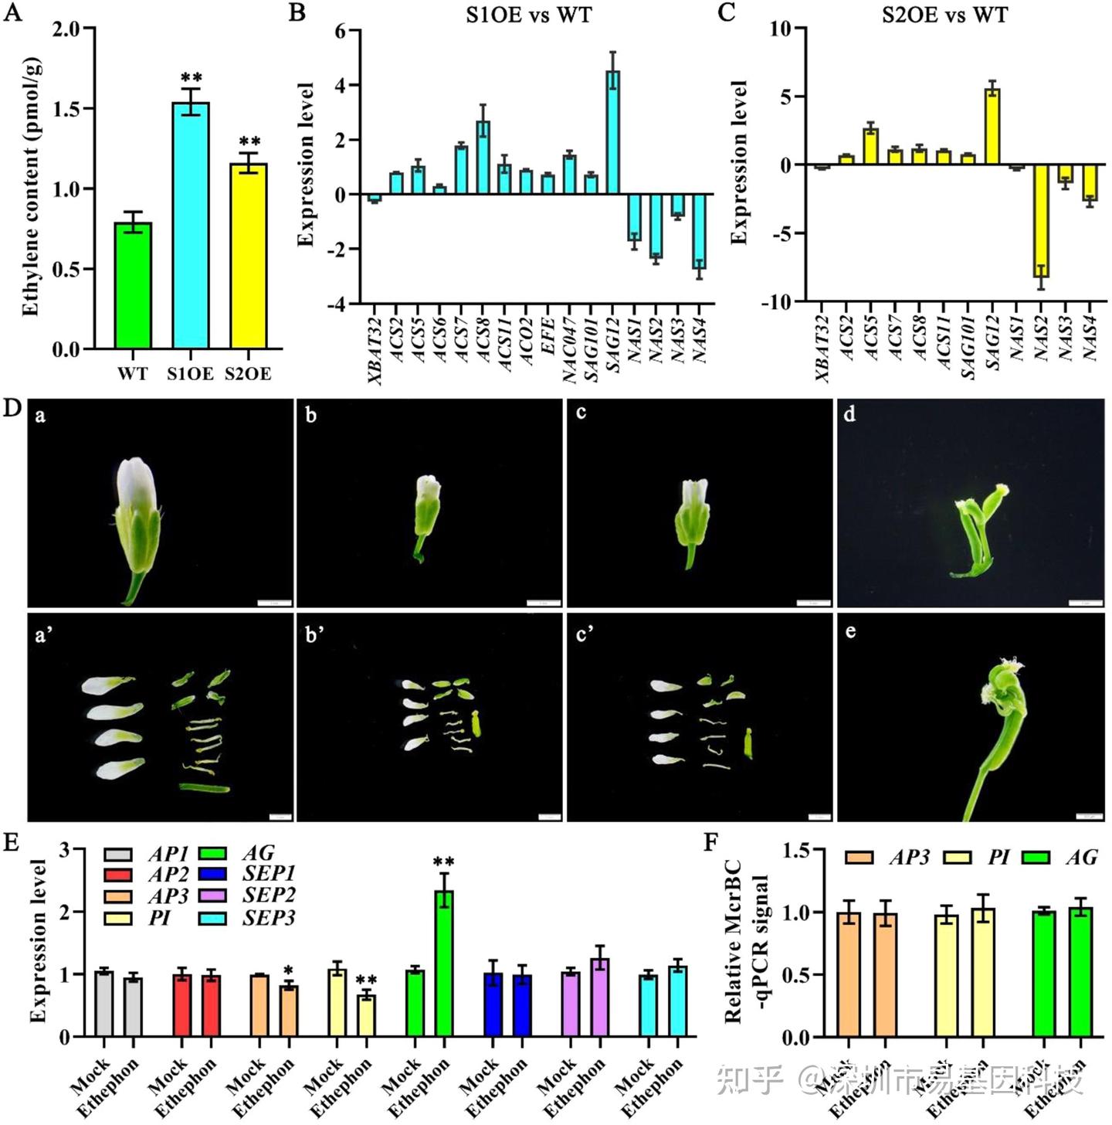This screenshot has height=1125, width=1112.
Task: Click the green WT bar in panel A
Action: pos(133,286)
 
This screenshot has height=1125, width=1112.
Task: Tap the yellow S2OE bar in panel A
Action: pos(249,256)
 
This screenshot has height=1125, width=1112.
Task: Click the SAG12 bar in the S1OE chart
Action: pos(612,132)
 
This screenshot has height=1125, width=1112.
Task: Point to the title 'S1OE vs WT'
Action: pos(528,15)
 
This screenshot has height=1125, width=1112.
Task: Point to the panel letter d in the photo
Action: pos(849,415)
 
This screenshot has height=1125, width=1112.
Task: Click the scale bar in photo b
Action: pos(543,603)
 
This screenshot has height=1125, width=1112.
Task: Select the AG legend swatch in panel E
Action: pos(212,853)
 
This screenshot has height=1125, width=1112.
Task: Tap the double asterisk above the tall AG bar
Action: pos(444,862)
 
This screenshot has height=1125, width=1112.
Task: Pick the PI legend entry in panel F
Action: pos(998,858)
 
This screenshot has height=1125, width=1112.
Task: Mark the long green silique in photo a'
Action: pos(205,788)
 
